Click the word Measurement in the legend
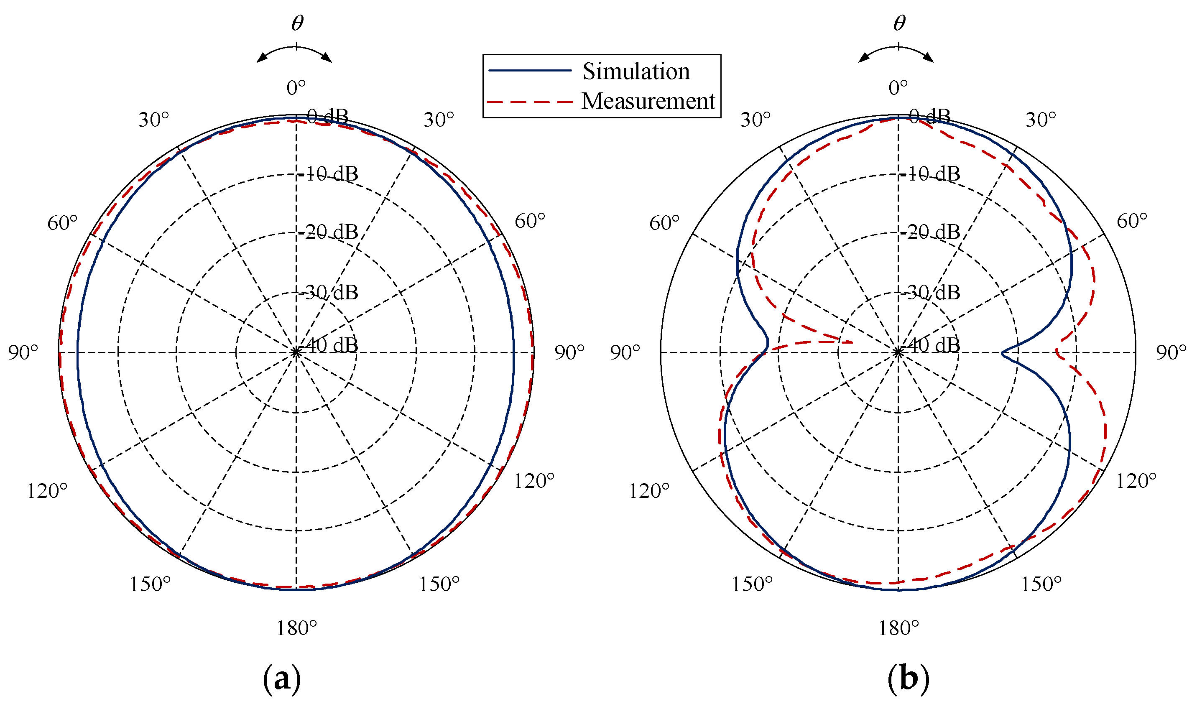(x=648, y=101)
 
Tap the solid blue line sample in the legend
(x=530, y=70)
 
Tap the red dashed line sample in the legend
(x=530, y=102)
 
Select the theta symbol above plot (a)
(x=297, y=23)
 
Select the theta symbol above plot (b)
(x=899, y=23)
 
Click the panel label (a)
(x=282, y=678)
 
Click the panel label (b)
(x=908, y=678)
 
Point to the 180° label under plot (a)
(x=296, y=628)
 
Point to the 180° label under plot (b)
(x=898, y=628)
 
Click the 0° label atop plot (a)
(x=296, y=88)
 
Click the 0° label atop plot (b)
(x=898, y=88)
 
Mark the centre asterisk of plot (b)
(x=898, y=352)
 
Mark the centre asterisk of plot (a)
(x=296, y=352)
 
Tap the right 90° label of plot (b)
(x=1171, y=352)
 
